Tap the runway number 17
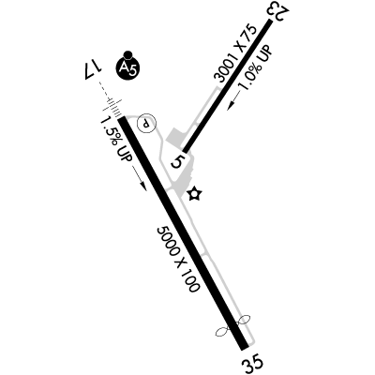click(90, 70)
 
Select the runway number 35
click(253, 363)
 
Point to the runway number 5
click(179, 161)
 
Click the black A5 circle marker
click(127, 67)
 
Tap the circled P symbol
click(146, 124)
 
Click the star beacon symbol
click(195, 194)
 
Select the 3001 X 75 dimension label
click(235, 53)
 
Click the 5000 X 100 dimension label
click(178, 260)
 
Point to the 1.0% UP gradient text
click(255, 67)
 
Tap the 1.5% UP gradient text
click(116, 139)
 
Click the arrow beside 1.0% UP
click(233, 100)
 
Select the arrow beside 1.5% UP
click(140, 178)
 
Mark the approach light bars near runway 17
click(112, 106)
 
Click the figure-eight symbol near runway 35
click(233, 325)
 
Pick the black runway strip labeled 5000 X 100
click(183, 232)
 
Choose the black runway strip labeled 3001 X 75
click(227, 85)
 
